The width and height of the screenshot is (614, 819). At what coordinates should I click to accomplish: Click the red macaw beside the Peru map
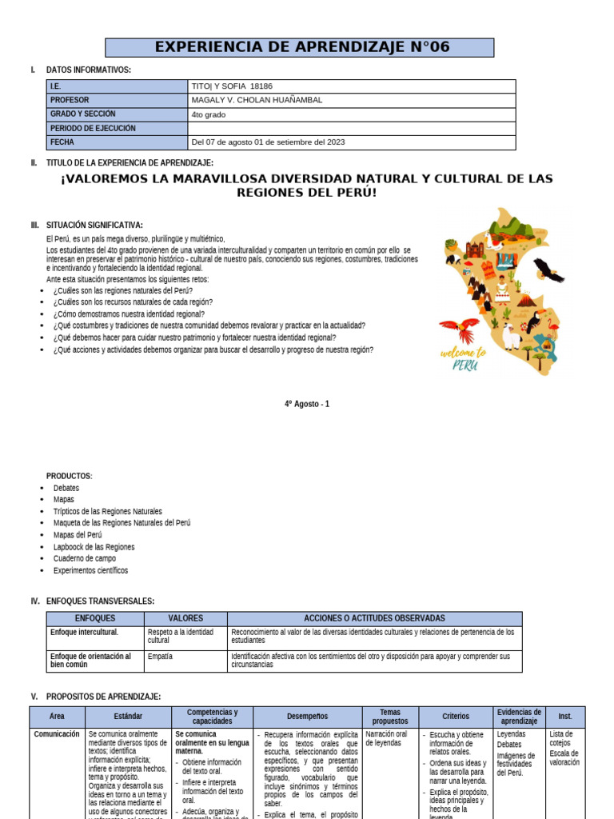(x=459, y=329)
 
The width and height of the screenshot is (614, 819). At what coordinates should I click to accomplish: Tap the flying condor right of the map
(x=548, y=270)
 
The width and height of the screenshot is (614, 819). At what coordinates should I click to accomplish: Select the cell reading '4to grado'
(x=209, y=114)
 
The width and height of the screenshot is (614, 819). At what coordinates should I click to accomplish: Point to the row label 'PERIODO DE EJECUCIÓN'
(x=93, y=128)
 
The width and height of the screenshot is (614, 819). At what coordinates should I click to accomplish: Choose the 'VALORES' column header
(x=185, y=618)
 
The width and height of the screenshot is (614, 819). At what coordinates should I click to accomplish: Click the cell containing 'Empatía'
(x=160, y=657)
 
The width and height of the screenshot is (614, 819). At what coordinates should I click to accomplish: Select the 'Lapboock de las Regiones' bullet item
(x=94, y=547)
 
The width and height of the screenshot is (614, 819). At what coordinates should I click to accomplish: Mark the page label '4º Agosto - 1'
(x=306, y=404)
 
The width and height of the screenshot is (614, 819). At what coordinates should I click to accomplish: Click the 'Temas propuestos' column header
(x=389, y=717)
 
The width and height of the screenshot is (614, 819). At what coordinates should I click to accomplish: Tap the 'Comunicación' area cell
(x=57, y=733)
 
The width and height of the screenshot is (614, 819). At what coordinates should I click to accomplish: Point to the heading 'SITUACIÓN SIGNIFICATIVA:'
(x=94, y=225)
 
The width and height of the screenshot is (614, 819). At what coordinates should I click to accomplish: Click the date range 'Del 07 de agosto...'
(x=269, y=142)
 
